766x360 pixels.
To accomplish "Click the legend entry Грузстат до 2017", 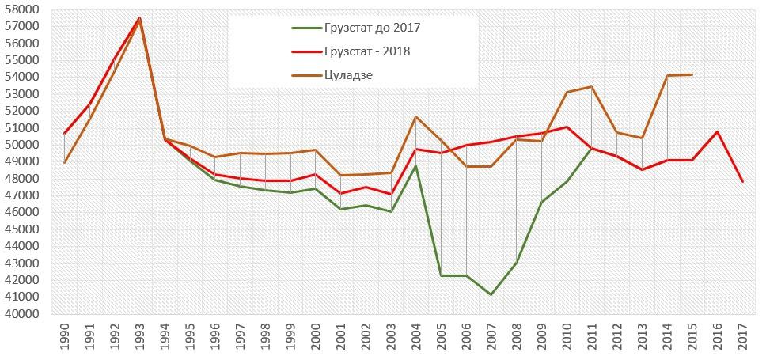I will [x=371, y=28].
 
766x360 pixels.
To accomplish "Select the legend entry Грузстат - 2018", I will [x=366, y=51].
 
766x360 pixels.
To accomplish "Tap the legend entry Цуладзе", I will [x=347, y=75].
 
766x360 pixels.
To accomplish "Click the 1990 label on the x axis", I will [x=64, y=336].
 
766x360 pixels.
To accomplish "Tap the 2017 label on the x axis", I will [x=742, y=336].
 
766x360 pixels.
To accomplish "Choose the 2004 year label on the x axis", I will [x=415, y=336].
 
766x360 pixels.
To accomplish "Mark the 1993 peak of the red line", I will [x=139, y=17].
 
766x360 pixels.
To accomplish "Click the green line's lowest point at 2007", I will [x=491, y=294].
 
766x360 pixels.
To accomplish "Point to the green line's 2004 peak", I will [x=416, y=165].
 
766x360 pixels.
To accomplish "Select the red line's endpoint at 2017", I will [x=742, y=181].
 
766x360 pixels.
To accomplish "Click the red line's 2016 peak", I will [x=717, y=131].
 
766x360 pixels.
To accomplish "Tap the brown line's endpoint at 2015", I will [x=692, y=75].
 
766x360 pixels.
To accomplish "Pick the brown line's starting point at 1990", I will [x=64, y=162].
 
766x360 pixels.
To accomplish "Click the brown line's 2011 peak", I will [x=592, y=87].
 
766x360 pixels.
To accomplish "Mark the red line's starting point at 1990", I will [x=64, y=133].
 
